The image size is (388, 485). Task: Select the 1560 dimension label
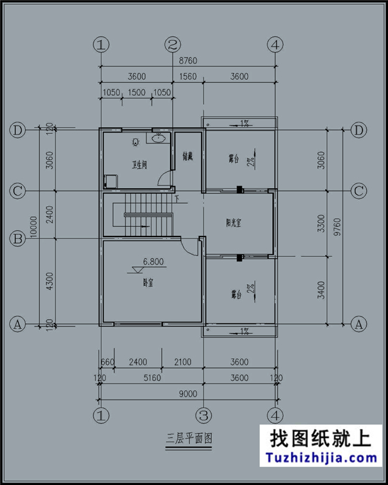tap(188, 76)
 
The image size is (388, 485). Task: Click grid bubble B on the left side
tap(18, 239)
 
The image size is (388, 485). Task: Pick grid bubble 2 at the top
tap(173, 44)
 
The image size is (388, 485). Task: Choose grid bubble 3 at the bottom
tap(204, 414)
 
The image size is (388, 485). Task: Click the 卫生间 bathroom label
tap(140, 164)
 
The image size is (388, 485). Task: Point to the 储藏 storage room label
tap(187, 157)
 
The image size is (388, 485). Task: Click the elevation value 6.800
tap(153, 262)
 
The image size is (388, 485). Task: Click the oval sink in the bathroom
tap(158, 140)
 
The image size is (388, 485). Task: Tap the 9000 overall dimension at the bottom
tap(187, 393)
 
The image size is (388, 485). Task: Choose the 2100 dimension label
tap(183, 362)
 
